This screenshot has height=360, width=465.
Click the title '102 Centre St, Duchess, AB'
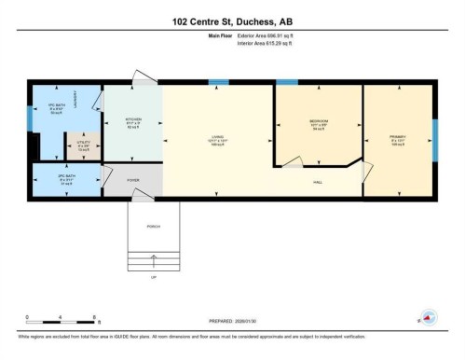[x=232, y=20]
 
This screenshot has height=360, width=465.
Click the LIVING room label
[x=218, y=140]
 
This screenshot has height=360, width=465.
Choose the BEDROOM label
[x=318, y=122]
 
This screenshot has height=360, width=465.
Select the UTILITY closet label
[x=82, y=145]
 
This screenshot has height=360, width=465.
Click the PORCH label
[x=154, y=225]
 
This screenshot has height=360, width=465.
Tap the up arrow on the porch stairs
[x=154, y=265]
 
